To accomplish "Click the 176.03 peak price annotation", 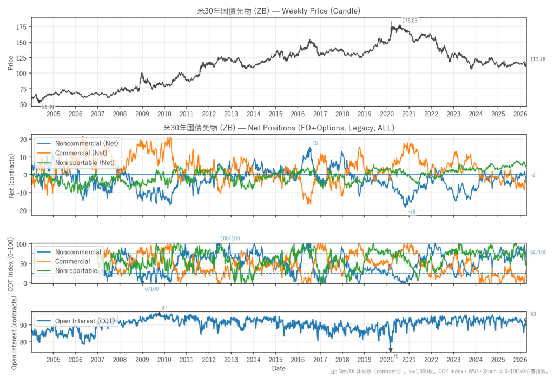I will pyautogui.click(x=410, y=21).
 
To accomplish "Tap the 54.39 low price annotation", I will pyautogui.click(x=48, y=108).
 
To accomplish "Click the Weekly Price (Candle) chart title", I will pyautogui.click(x=279, y=10).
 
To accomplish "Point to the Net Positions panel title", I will pyautogui.click(x=279, y=128).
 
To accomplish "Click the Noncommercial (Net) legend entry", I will pyautogui.click(x=87, y=143).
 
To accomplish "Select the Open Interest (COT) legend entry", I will pyautogui.click(x=84, y=321).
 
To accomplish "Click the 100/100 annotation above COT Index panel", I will pyautogui.click(x=230, y=238).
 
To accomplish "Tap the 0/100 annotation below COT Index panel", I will pyautogui.click(x=152, y=289).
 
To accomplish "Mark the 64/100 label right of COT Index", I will pyautogui.click(x=538, y=253).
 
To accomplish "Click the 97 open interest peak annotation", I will pyautogui.click(x=164, y=308).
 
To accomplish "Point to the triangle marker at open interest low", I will pyautogui.click(x=390, y=350).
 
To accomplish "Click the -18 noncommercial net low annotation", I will pyautogui.click(x=411, y=212).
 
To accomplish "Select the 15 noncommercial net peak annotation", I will pyautogui.click(x=315, y=143).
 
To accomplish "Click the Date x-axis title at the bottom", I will pyautogui.click(x=279, y=368).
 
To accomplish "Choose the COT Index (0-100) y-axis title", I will pyautogui.click(x=11, y=263).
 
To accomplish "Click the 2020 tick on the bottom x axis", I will pyautogui.click(x=387, y=360).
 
